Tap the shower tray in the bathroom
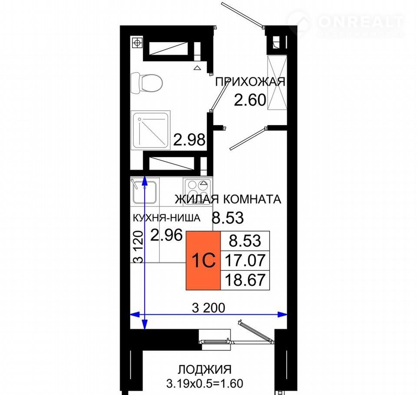tap(151, 130)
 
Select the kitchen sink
tap(144, 191)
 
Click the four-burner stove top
tap(198, 191)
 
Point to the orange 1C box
tap(203, 260)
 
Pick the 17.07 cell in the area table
tap(245, 260)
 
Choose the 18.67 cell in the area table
tap(245, 280)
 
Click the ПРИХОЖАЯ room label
tap(250, 82)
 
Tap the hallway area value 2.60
tap(250, 100)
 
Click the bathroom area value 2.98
tap(189, 140)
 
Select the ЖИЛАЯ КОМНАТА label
tap(228, 199)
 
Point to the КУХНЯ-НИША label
tap(166, 218)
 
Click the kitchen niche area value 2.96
tap(167, 235)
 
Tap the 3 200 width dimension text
tap(208, 308)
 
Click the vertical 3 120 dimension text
tap(139, 247)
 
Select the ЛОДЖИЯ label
tap(205, 369)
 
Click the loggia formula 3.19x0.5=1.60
tap(205, 384)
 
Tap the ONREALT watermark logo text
tap(361, 21)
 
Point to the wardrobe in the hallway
tap(277, 82)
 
